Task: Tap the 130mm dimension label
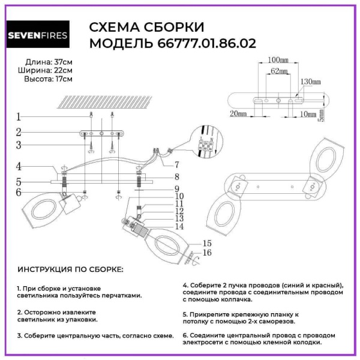(310, 81)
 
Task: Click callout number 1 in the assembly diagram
(19, 117)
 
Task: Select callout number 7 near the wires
(177, 164)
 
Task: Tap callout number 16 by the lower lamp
(208, 253)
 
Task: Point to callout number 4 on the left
(19, 167)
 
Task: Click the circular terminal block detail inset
(206, 142)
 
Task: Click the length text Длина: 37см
(49, 62)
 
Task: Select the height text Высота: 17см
(49, 79)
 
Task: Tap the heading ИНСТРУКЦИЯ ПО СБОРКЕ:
(70, 269)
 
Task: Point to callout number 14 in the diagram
(179, 226)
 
